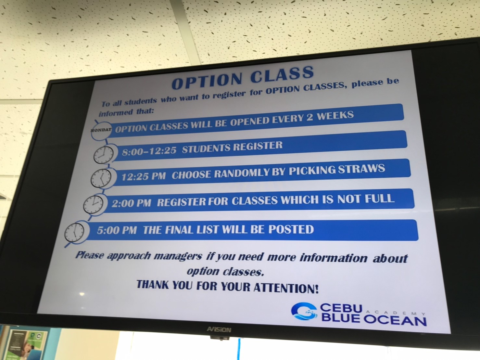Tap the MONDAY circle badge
click(x=101, y=131)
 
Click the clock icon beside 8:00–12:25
click(x=103, y=155)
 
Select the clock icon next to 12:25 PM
click(x=101, y=178)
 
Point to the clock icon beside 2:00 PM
click(x=93, y=204)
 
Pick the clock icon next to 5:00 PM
click(x=74, y=233)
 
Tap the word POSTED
click(x=291, y=229)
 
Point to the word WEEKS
click(x=335, y=116)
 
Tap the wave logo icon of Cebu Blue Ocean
click(x=304, y=312)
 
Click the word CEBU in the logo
click(x=341, y=308)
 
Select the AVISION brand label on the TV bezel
click(x=219, y=329)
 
